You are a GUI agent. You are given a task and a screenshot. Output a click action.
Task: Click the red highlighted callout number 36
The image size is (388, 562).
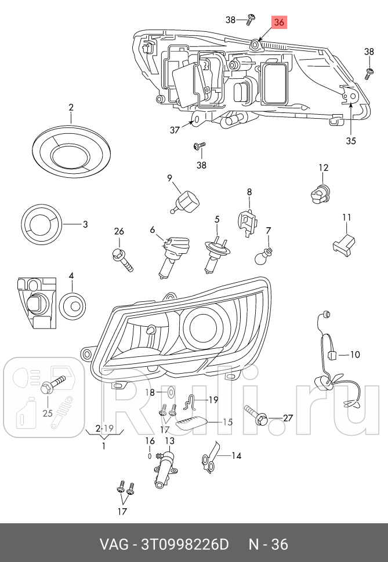[279, 23]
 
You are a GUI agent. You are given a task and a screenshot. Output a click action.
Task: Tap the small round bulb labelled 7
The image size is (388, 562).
[267, 254]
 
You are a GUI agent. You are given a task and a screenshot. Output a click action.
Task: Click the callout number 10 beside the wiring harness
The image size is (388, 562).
[355, 354]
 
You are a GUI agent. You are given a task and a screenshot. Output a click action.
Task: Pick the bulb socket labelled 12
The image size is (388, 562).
[319, 192]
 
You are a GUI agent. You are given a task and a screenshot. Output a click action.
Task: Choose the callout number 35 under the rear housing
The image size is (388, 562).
[351, 140]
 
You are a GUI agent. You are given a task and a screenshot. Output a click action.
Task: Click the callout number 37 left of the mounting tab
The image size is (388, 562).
[175, 130]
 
